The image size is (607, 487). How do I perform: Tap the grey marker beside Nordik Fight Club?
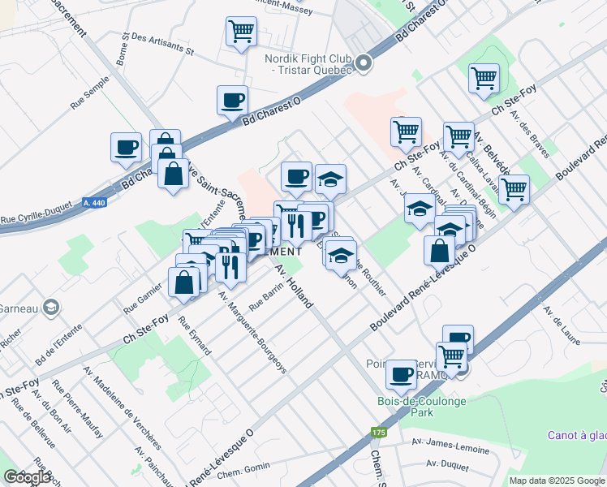(364, 62)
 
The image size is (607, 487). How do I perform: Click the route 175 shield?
(377, 430)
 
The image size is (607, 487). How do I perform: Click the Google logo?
(28, 477)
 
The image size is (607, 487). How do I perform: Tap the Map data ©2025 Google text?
(556, 481)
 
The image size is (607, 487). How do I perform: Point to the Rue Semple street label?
(89, 97)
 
